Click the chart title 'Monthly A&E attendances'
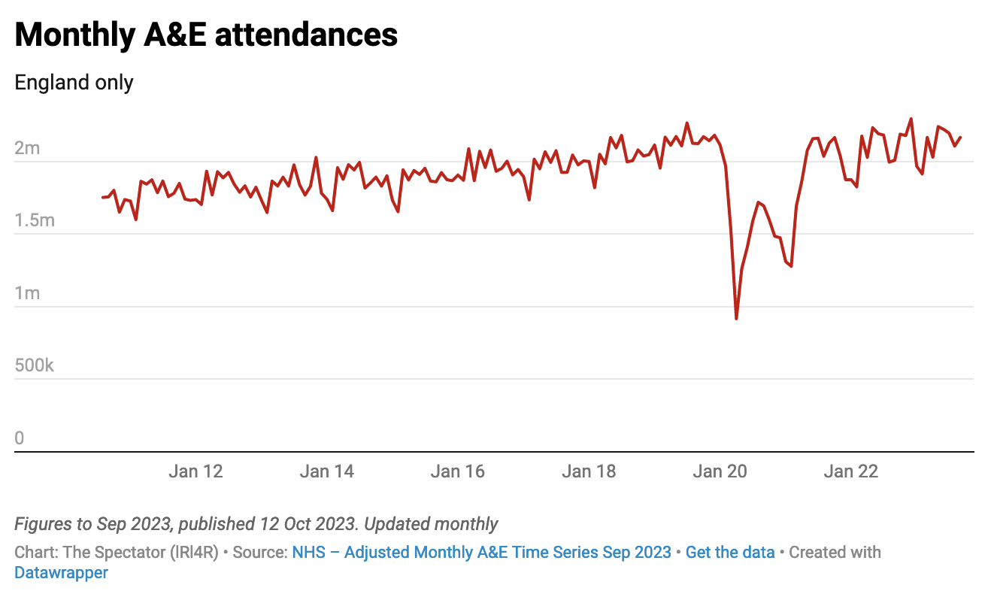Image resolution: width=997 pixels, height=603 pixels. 206,35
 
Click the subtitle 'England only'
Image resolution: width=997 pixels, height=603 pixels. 74,82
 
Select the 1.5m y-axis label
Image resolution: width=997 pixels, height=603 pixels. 35,220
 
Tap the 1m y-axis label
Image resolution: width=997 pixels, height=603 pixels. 27,293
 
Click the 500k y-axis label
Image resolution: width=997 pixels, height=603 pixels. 35,366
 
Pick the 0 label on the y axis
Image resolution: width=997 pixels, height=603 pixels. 20,438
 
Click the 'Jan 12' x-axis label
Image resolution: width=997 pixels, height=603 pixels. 195,471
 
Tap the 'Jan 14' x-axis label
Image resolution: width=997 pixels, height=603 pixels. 326,471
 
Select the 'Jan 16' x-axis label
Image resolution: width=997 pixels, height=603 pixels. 458,471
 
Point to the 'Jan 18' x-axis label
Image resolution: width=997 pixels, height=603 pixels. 589,471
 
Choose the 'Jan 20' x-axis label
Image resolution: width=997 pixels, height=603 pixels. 720,471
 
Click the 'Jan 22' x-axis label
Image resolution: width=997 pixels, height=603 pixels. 850,471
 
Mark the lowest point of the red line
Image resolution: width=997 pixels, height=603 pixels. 736,319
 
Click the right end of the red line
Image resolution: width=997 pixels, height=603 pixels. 960,138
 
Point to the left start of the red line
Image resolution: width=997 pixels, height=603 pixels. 103,197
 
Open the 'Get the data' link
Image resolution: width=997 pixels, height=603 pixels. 729,553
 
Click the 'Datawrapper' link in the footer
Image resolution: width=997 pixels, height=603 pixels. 61,572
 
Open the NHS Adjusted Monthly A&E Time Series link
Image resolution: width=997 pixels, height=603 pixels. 481,553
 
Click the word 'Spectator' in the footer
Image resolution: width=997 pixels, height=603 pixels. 125,553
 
